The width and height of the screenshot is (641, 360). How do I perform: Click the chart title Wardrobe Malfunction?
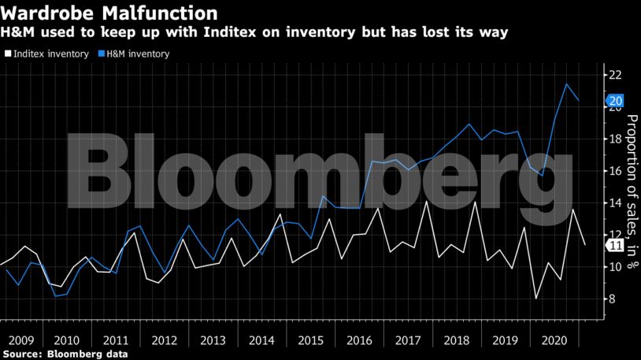[109, 13]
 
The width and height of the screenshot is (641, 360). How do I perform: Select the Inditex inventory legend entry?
[47, 54]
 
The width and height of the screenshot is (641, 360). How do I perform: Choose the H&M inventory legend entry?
[136, 54]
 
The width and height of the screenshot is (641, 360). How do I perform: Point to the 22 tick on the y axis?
[615, 76]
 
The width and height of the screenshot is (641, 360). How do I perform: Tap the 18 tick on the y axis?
[615, 139]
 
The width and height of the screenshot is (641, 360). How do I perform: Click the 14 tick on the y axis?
[615, 203]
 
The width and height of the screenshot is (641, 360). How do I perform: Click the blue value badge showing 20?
[616, 101]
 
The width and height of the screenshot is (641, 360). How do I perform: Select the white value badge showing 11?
[616, 246]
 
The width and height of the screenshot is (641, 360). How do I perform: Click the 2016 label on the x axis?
[359, 341]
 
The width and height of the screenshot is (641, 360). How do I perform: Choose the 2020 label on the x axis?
[553, 341]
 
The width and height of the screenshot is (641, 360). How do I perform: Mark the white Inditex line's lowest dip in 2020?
[535, 299]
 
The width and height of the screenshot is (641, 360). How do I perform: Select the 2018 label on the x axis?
[456, 341]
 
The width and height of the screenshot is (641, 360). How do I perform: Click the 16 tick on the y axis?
[615, 172]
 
